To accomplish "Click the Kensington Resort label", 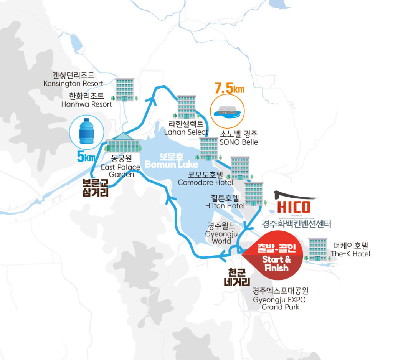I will coord(73,79).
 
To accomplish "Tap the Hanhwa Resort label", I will coord(86,100).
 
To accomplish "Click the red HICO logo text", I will coord(293,207).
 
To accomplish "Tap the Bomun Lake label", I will coord(172,161).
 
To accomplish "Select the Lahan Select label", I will coord(186,128).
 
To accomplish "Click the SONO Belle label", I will coord(239,138).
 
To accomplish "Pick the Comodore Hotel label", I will coord(205,178).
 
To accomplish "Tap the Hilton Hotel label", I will coord(225,202).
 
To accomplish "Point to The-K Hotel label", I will coord(350,249).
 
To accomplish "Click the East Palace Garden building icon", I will coord(123,143).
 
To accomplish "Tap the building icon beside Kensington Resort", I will coord(125,89).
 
